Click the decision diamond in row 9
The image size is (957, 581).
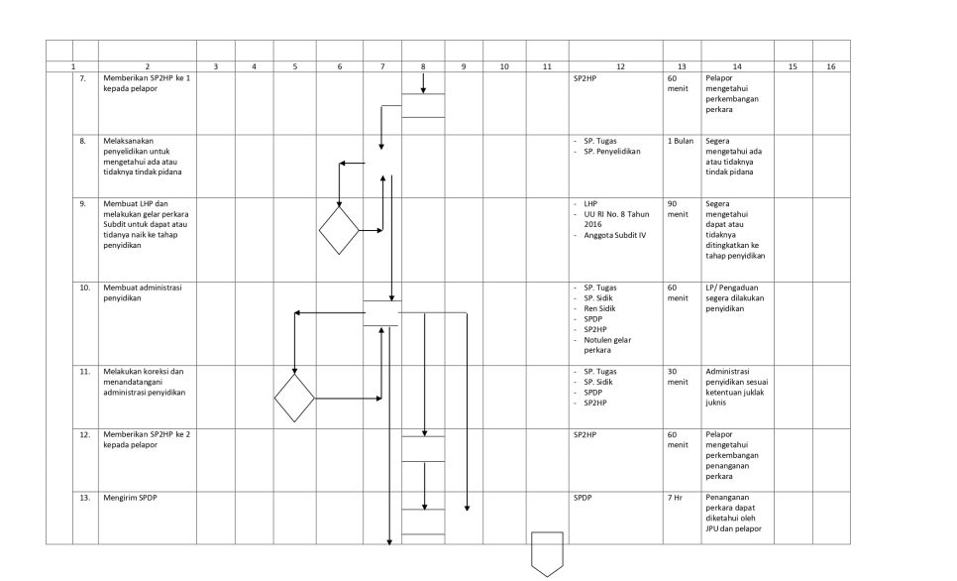point(340,230)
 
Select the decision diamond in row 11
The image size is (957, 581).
point(294,399)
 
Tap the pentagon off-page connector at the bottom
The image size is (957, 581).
point(547,554)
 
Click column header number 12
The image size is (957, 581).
point(620,66)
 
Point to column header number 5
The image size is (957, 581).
point(295,66)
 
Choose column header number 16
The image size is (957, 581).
point(830,66)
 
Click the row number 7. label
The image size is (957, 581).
point(83,78)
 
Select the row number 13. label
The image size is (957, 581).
point(85,498)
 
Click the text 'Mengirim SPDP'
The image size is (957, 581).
point(130,498)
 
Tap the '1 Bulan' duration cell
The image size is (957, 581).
point(681,141)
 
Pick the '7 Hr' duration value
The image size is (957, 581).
point(675,498)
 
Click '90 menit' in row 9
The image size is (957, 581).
point(678,209)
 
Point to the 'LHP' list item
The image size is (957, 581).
point(590,204)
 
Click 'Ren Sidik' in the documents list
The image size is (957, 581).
point(599,308)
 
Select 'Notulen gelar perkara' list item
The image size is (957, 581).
point(607,345)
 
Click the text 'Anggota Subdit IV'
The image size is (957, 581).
point(614,235)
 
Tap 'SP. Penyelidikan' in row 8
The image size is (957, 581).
point(612,152)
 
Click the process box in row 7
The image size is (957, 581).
point(423,105)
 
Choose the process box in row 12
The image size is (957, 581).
point(423,449)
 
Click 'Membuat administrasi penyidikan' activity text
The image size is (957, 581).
point(143,292)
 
